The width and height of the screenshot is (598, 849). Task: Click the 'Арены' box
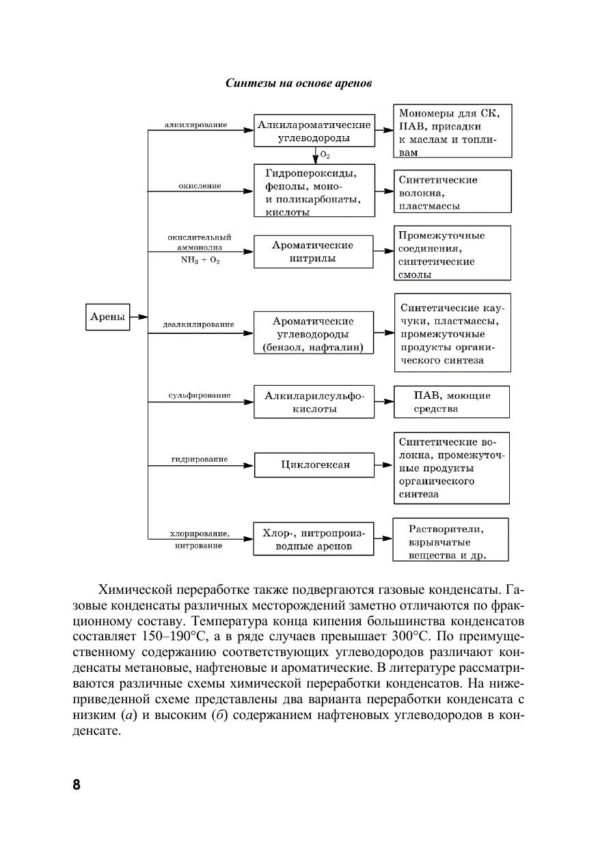[x=108, y=317]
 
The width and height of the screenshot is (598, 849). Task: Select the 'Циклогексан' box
[x=315, y=465]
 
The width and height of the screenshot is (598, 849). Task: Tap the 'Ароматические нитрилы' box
[x=313, y=252]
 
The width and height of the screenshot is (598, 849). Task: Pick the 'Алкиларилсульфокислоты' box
[x=314, y=402]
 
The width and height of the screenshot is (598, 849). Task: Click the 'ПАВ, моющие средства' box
[x=452, y=402]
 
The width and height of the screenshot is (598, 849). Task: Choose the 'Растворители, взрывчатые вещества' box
[x=450, y=540]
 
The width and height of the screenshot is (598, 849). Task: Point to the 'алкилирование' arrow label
[x=196, y=125]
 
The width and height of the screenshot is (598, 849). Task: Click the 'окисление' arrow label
[x=200, y=186]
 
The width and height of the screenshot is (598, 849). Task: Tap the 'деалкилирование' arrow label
[x=198, y=324]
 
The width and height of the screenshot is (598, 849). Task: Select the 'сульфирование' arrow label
[x=200, y=395]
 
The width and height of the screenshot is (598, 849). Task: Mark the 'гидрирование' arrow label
[x=200, y=459]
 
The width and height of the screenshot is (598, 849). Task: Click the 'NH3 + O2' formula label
[x=200, y=261]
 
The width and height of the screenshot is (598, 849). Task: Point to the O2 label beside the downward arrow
[x=325, y=155]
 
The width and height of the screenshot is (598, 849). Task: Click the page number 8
[x=77, y=785]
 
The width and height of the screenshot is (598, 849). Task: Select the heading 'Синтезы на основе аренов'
[x=299, y=83]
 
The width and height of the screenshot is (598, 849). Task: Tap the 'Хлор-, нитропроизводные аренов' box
[x=314, y=539]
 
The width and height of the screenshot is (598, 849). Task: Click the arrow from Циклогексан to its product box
[x=383, y=465]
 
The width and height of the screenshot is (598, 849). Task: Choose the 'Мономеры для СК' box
[x=452, y=132]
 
